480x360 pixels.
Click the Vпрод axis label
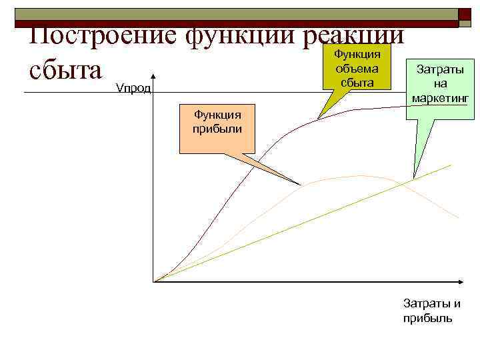pyautogui.click(x=134, y=88)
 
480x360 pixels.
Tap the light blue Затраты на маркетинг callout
pyautogui.click(x=439, y=84)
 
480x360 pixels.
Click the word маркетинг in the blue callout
pyautogui.click(x=439, y=99)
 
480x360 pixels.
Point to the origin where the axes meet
pyautogui.click(x=154, y=281)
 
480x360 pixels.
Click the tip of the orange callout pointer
pyautogui.click(x=301, y=185)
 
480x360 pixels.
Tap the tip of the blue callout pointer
pyautogui.click(x=415, y=177)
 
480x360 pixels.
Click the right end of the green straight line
pyautogui.click(x=451, y=164)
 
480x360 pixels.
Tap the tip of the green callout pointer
pyautogui.click(x=319, y=119)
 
